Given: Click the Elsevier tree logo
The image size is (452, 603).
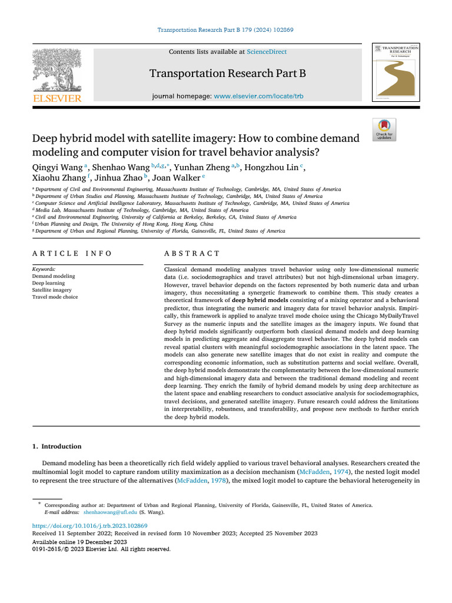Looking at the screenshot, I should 57,70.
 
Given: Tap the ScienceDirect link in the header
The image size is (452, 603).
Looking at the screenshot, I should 267,52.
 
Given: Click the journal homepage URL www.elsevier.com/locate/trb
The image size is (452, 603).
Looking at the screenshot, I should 258,96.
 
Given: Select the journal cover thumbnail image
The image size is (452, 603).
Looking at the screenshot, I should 395,72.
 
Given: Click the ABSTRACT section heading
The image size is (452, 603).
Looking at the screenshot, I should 192,253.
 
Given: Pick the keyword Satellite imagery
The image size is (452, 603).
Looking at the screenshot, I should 51,290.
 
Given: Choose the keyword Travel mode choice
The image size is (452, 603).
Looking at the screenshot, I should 55,297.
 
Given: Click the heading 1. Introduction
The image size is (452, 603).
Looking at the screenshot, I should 56,446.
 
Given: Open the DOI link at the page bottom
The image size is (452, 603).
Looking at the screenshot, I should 89,525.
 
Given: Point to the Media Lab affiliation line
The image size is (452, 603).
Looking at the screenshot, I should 141,210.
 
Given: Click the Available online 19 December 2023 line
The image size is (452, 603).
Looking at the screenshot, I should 79,541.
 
